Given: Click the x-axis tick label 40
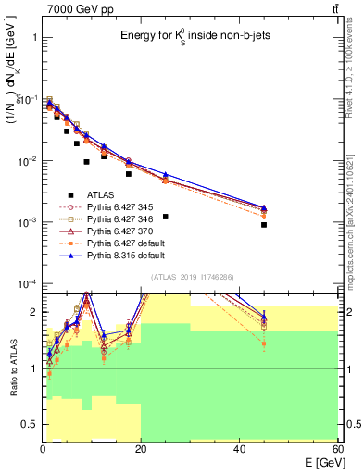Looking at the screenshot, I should (x=240, y=449).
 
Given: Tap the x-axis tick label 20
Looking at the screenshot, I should (x=141, y=449).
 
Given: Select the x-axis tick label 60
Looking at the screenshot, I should (x=336, y=449).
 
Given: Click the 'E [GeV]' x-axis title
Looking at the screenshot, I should (x=320, y=463).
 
